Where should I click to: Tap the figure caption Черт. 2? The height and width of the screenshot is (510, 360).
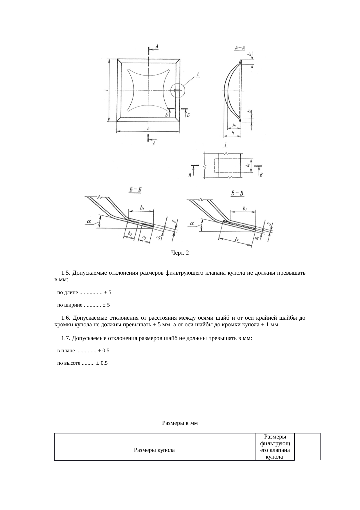180,253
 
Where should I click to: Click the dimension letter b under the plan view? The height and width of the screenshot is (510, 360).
148,128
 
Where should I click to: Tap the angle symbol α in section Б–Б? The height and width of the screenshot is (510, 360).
89,222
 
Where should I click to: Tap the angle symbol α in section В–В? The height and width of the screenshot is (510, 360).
192,224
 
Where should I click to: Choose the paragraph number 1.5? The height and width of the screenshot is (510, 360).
66,273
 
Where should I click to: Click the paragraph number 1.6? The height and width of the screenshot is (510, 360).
66,318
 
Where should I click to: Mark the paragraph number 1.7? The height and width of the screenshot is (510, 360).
66,338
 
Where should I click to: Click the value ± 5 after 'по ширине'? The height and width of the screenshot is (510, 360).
106,305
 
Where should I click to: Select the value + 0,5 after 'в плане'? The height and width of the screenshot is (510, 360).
104,350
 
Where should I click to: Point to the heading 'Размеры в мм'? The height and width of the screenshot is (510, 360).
180,423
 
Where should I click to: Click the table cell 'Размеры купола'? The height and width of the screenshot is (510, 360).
154,450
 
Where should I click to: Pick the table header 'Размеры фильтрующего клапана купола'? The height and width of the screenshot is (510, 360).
275,447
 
